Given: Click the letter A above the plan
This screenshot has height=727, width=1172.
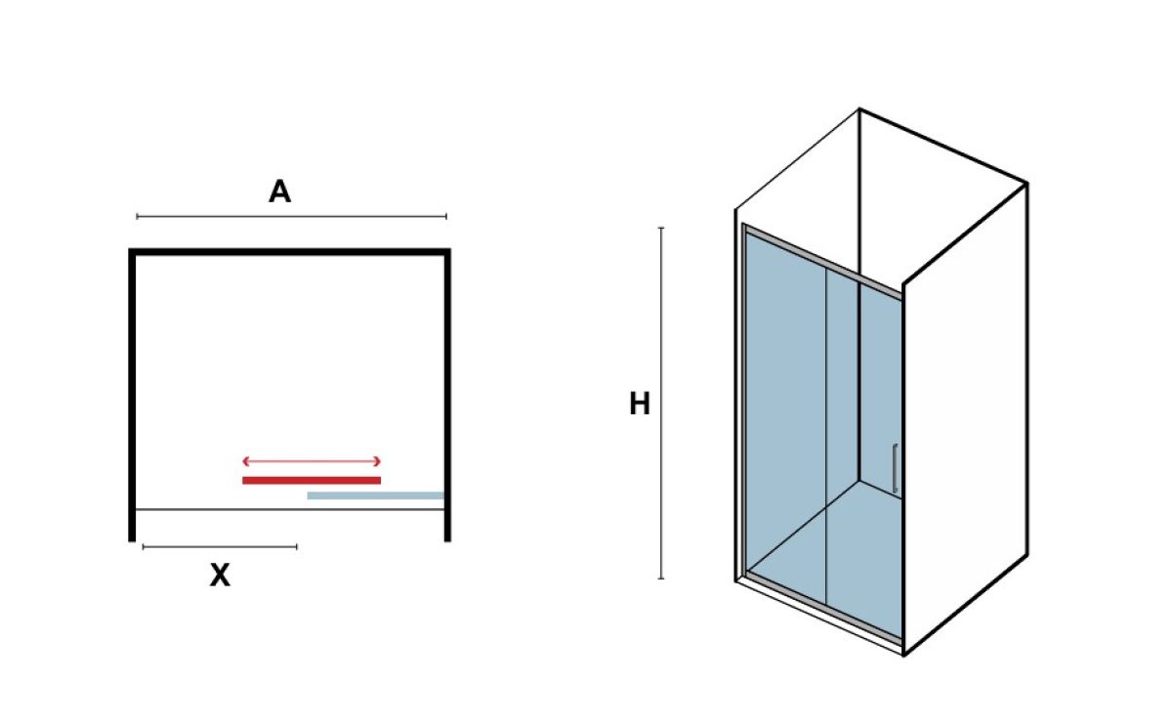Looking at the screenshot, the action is point(280,192).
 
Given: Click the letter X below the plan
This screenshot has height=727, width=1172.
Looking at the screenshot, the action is point(220,576).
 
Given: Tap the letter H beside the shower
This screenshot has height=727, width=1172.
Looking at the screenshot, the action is point(640,404).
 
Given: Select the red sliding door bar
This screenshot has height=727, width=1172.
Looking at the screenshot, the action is point(312,481).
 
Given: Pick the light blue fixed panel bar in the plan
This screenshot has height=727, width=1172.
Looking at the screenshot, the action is point(376,495).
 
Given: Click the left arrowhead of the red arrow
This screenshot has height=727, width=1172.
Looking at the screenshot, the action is point(245,461).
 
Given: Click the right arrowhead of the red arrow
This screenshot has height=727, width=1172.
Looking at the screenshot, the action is point(378,461).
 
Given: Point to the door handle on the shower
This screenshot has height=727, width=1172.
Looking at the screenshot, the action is point(896,468).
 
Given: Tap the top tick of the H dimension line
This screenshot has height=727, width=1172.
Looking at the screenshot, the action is point(661,228).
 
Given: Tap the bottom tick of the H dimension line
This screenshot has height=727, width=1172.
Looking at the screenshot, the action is point(661,578).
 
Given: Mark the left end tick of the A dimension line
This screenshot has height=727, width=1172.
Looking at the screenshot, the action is point(137,216).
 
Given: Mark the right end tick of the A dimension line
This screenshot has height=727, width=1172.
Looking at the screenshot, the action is point(446,216).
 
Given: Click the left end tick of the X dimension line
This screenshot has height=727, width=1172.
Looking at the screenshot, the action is point(144,547).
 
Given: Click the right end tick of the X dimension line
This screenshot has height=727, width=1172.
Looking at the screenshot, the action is point(297,547).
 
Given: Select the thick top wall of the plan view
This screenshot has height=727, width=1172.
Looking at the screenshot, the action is point(289,252).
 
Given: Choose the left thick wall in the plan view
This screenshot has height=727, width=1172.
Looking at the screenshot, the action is point(132,395).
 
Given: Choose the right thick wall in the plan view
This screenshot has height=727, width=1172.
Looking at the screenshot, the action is point(447,395).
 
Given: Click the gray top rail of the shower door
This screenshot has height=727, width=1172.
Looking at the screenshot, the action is point(822,261).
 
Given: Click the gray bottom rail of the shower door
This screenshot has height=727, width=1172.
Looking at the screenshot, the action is point(824,607).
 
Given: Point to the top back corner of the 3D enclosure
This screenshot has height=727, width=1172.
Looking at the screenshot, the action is point(859,108).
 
